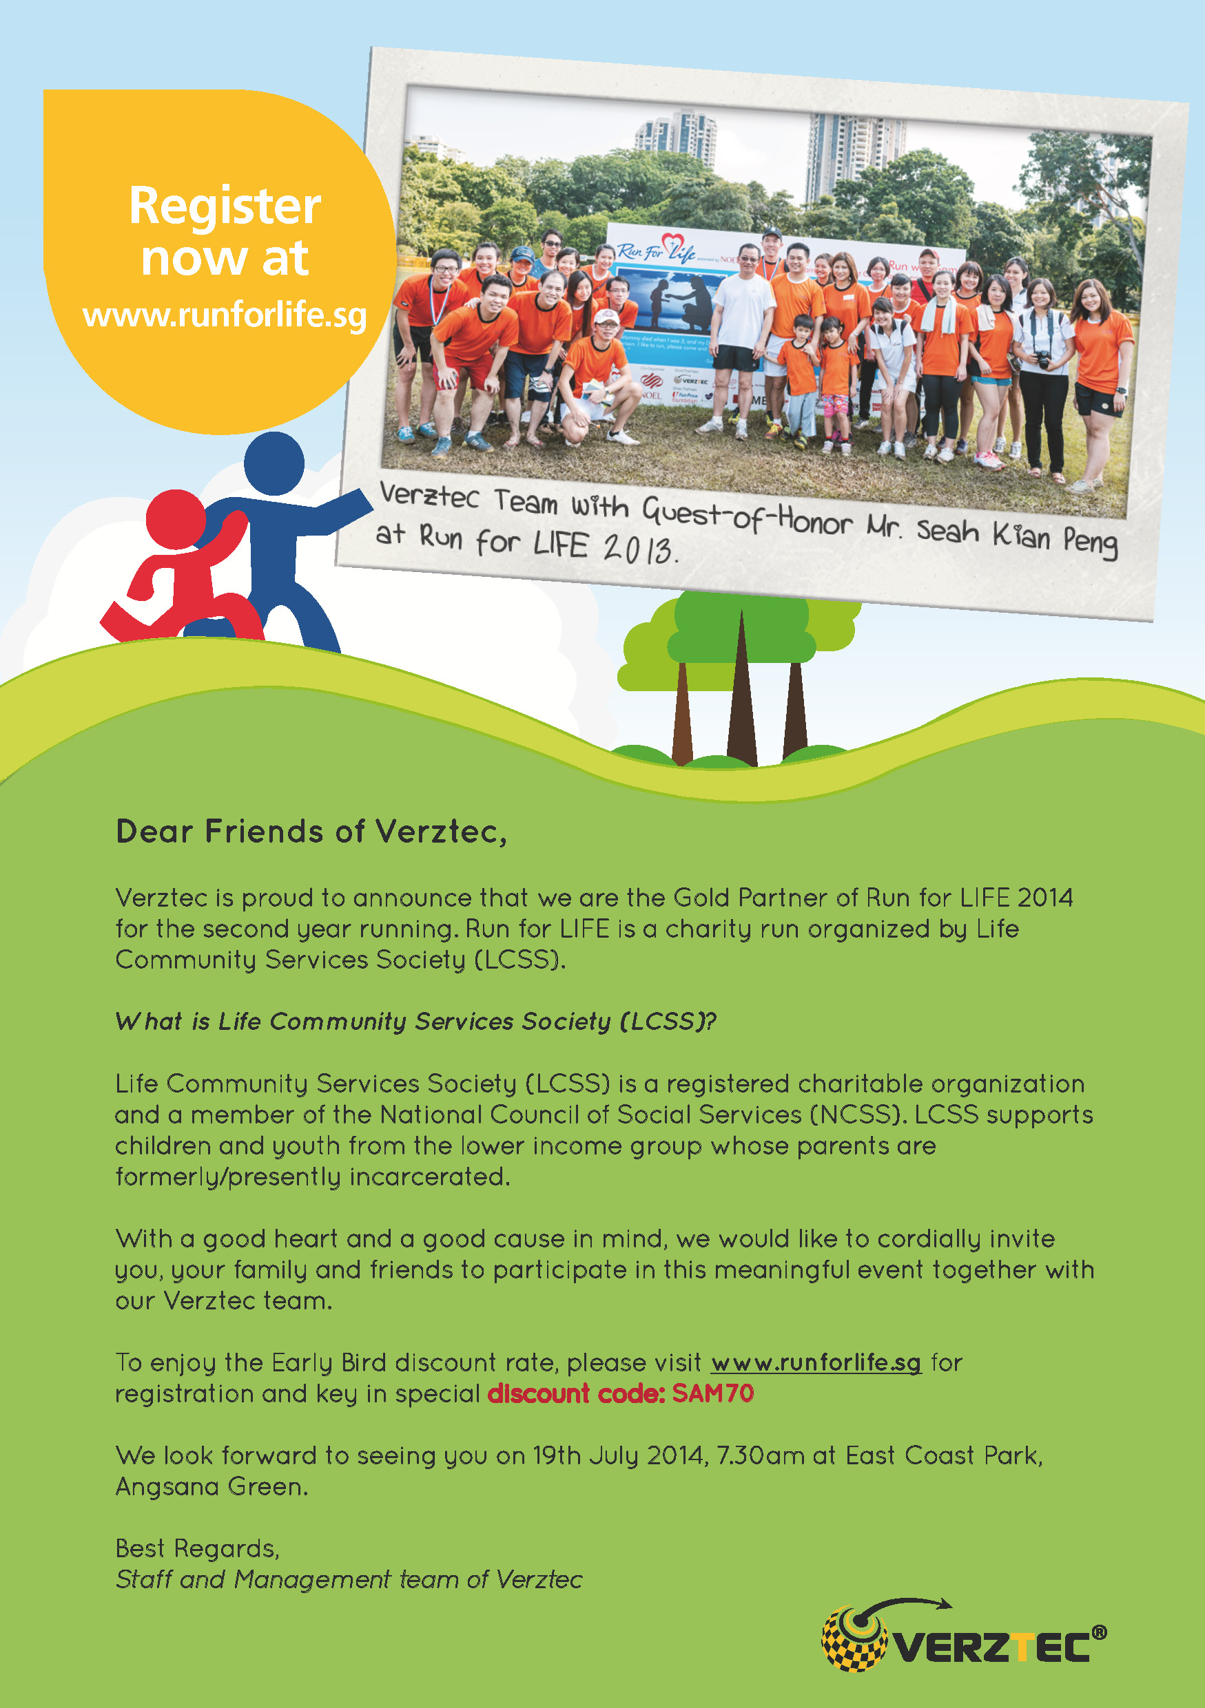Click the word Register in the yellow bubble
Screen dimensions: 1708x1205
pos(225,206)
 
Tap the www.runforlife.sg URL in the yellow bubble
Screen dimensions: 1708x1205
pos(225,315)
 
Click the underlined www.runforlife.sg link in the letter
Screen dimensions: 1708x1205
pos(816,1362)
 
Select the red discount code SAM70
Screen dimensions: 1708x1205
pos(713,1393)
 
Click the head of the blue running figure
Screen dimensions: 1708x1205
pos(274,463)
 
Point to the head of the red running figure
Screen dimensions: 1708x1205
pos(176,519)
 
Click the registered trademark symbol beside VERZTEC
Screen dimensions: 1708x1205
pos(1099,1632)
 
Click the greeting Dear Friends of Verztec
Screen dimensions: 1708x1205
pos(311,832)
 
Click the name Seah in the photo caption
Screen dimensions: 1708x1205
pos(947,530)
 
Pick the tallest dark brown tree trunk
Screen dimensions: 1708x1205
pos(741,692)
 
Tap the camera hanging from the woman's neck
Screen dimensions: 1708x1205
pos(1044,360)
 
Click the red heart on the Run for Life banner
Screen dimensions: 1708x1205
pos(672,242)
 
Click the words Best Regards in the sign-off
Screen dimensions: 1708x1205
pos(197,1548)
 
